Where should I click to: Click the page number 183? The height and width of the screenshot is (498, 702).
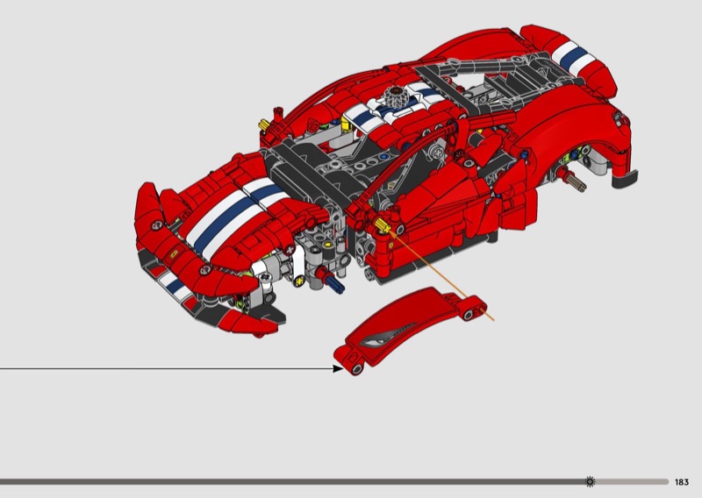pos(682,482)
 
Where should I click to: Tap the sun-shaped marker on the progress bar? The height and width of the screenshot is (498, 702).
pos(591,481)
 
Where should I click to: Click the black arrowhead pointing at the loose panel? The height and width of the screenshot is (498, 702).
pos(338,369)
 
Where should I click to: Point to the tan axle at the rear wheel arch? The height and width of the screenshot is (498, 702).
pos(577,182)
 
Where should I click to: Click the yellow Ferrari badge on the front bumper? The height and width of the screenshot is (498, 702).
pos(173,253)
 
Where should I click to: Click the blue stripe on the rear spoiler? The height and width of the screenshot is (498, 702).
pos(575,56)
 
